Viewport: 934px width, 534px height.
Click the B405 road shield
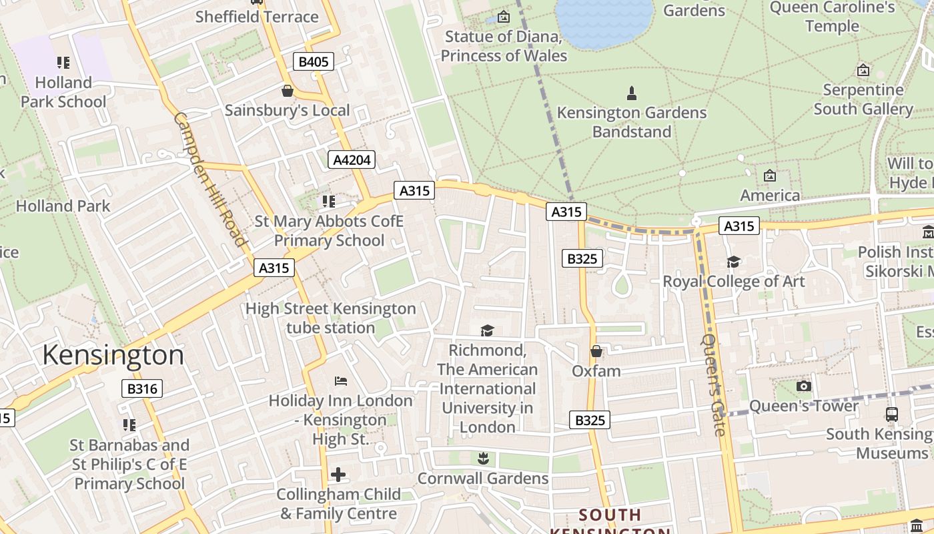pos(313,62)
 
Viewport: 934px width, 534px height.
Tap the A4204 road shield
pos(352,160)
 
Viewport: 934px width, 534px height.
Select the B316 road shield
pos(143,388)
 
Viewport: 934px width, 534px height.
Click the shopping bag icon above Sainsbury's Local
pos(288,91)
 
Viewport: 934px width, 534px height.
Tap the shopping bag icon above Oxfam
pos(596,351)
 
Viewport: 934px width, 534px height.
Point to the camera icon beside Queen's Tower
pos(804,386)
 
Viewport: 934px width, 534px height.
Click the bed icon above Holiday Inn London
pos(341,381)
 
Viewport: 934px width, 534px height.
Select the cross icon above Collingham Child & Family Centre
pos(338,475)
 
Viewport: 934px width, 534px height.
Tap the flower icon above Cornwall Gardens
pos(483,459)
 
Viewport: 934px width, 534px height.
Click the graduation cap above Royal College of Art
pos(733,262)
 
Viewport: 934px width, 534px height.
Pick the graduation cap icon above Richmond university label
pos(488,330)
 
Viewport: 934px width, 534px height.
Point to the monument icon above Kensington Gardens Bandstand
pos(632,93)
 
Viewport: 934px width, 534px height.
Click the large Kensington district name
pos(113,355)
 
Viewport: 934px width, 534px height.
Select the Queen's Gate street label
pos(713,384)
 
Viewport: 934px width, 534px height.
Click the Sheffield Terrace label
pos(257,17)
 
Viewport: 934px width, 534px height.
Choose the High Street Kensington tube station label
pos(331,318)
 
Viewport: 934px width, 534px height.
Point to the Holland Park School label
pos(63,92)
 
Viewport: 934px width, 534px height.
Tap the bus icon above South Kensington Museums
pos(892,414)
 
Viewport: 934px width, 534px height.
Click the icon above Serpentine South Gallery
pos(863,70)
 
